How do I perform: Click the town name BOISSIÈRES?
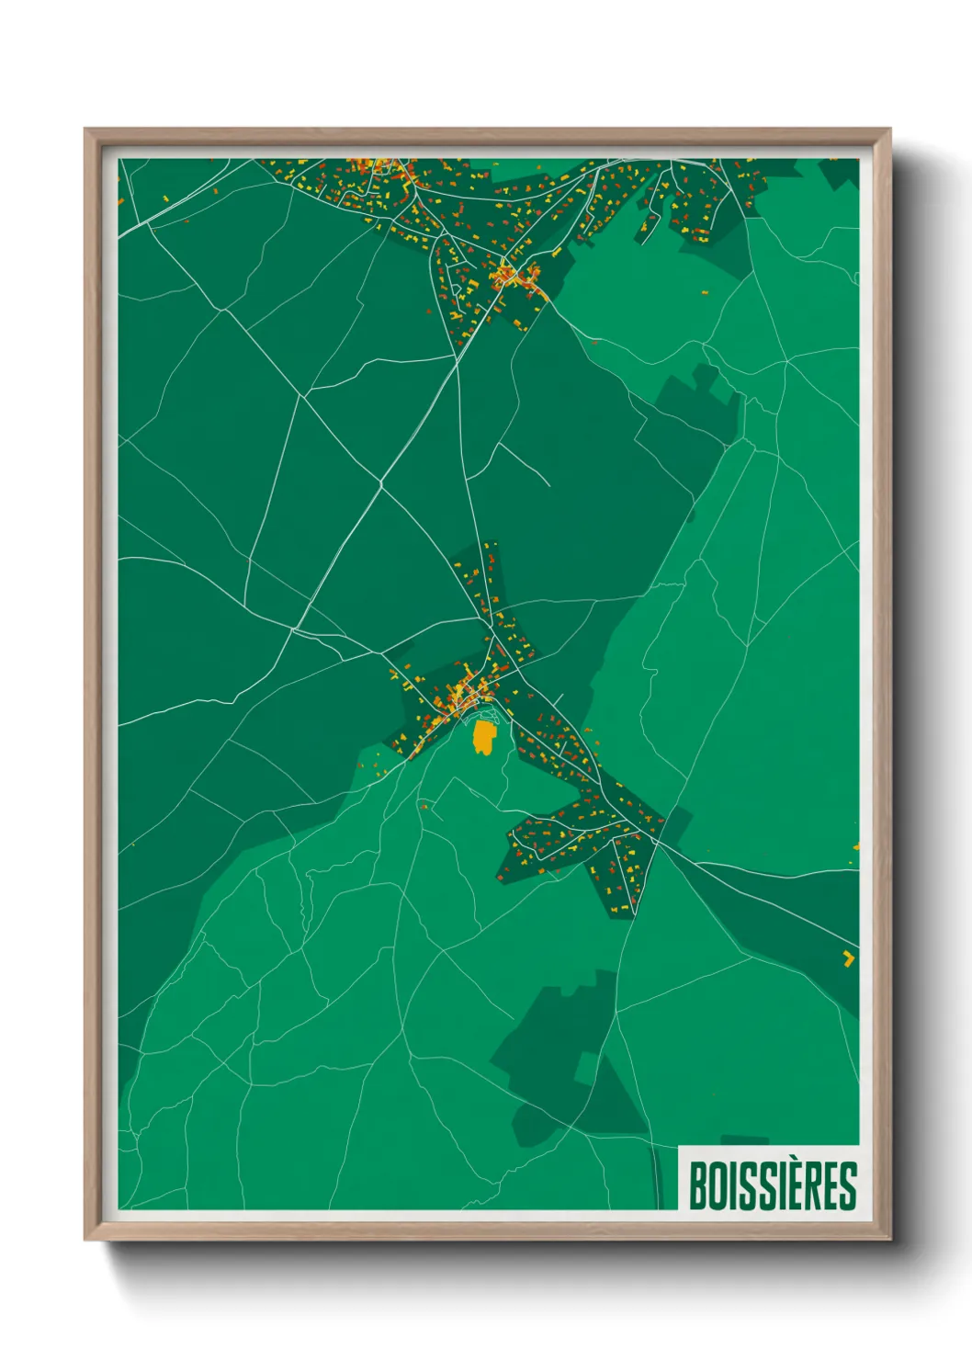tap(773, 1185)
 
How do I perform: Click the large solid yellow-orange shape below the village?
tap(483, 737)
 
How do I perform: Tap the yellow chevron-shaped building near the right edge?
tap(847, 958)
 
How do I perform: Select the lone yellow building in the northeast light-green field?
tap(705, 293)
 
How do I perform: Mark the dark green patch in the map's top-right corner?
tap(841, 173)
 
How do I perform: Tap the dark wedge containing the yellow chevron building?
tap(808, 928)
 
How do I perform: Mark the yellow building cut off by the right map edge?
tap(856, 846)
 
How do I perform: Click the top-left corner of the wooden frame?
tap(86, 130)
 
